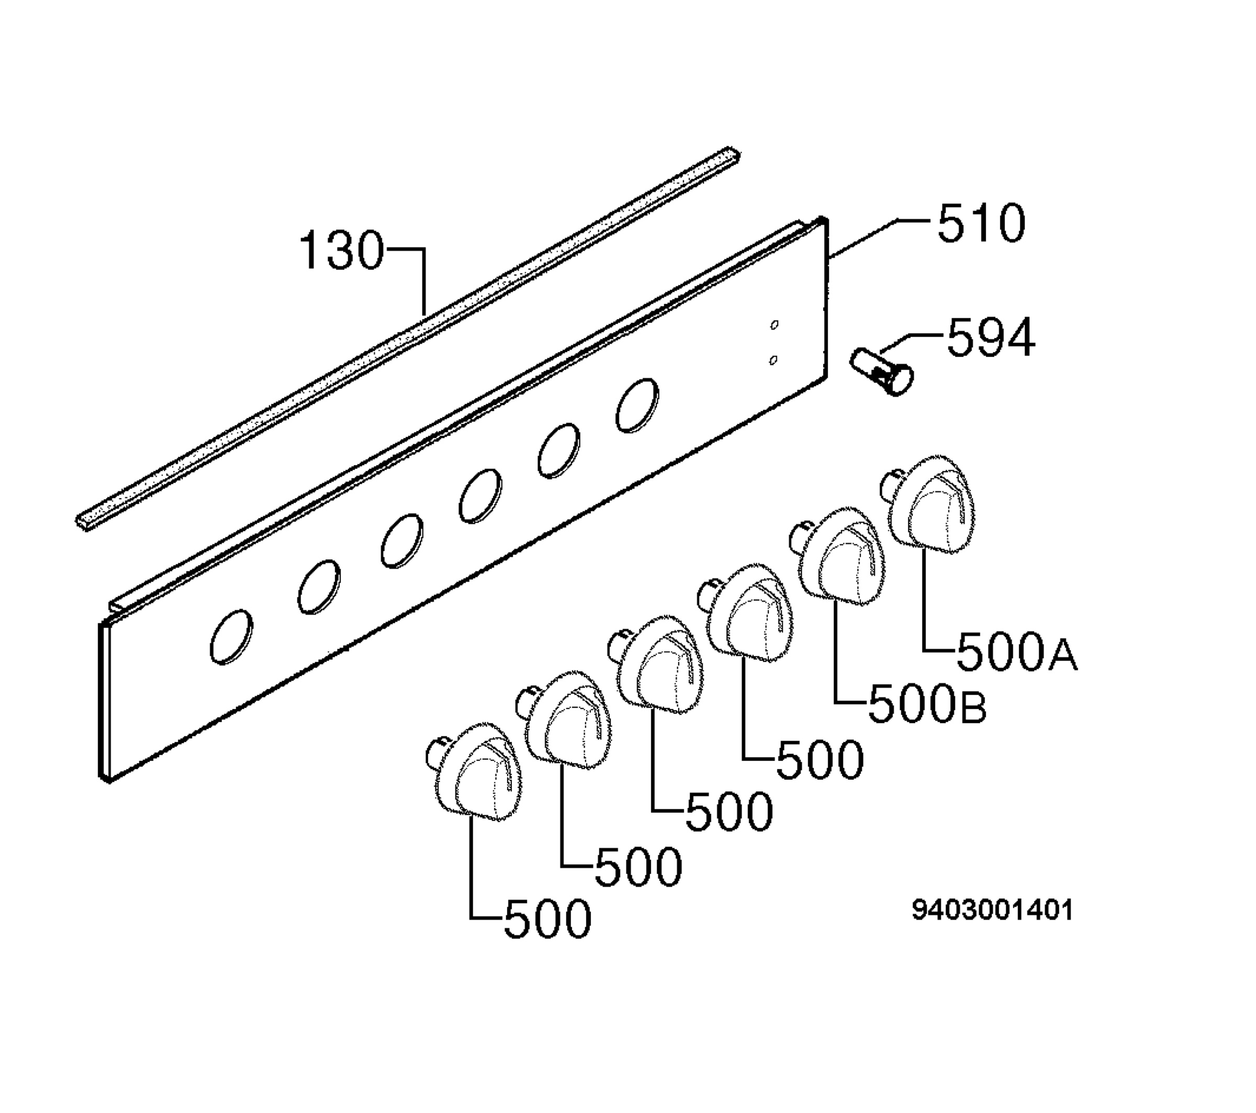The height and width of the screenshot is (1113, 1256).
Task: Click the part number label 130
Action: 342,251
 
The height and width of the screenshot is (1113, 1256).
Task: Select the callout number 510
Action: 981,224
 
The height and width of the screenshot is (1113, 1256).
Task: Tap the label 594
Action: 991,338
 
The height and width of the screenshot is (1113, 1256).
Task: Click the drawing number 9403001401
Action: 992,910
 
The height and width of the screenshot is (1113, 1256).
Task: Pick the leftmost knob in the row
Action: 473,772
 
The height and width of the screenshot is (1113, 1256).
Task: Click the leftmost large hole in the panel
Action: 231,637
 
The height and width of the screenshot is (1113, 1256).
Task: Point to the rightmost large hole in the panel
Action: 637,406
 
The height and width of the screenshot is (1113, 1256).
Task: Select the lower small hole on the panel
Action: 773,360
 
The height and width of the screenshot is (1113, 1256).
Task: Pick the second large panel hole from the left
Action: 319,587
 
